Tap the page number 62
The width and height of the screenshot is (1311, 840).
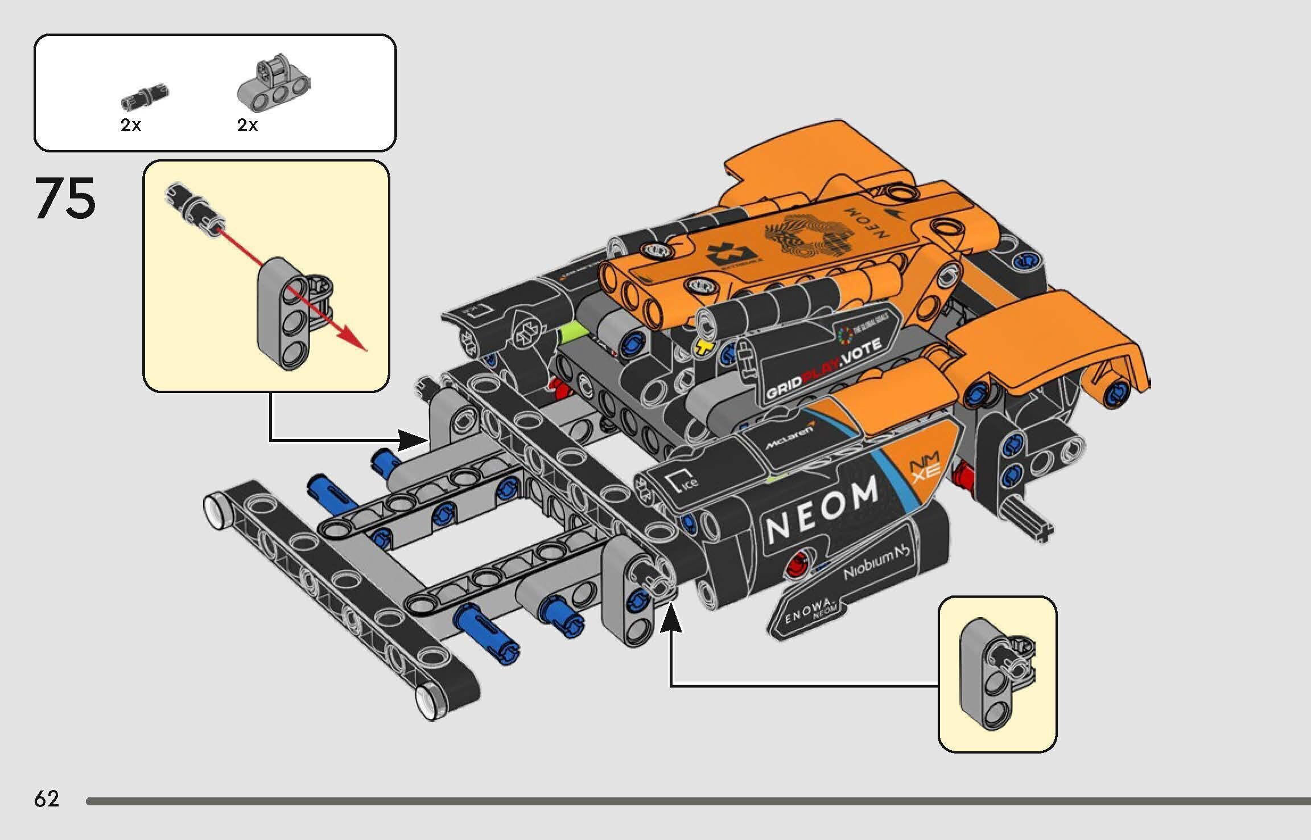point(46,799)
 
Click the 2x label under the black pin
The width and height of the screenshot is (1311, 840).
point(130,125)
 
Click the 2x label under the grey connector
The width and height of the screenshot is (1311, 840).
point(248,125)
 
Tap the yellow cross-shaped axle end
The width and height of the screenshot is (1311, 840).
point(704,346)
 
